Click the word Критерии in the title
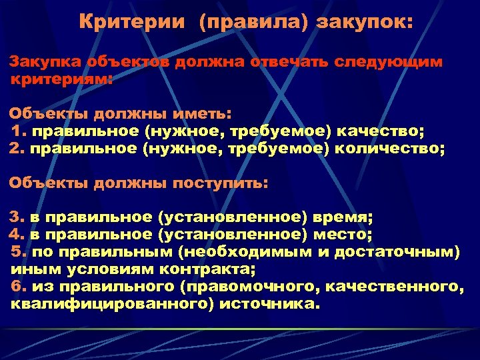[132, 22]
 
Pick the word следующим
[392, 61]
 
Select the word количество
[393, 147]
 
